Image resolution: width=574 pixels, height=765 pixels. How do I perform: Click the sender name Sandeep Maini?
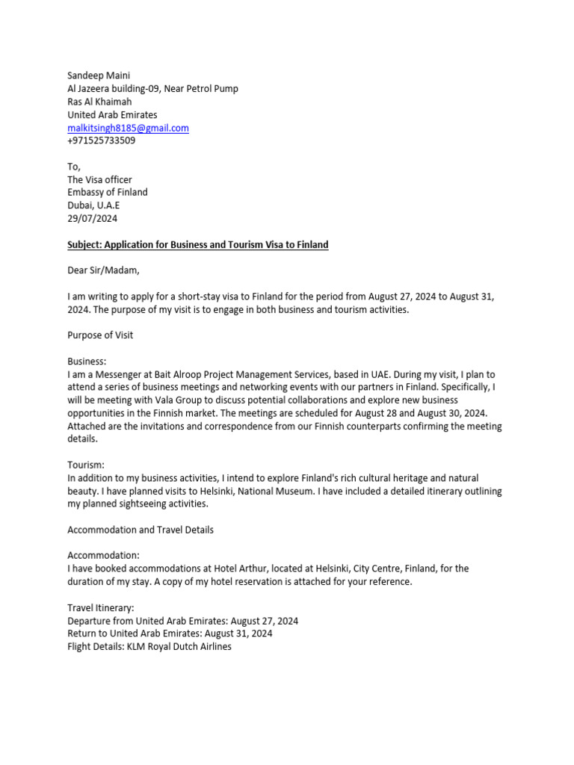(x=99, y=75)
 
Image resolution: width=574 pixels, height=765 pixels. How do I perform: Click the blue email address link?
(x=128, y=128)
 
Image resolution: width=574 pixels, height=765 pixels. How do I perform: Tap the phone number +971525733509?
(x=101, y=140)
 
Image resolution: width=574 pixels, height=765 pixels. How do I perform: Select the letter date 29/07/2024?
(x=92, y=219)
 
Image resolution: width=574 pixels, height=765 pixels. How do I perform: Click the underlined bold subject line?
(x=197, y=244)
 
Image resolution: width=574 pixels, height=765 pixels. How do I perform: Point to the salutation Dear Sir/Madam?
(x=103, y=270)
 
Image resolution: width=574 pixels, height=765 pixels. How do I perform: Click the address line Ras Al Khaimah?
(x=99, y=102)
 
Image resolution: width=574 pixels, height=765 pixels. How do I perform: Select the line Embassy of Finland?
(x=108, y=192)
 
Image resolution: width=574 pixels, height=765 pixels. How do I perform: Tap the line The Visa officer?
(x=99, y=179)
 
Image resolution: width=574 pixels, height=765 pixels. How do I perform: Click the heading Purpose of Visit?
(x=100, y=335)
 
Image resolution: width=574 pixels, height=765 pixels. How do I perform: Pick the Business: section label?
(x=87, y=361)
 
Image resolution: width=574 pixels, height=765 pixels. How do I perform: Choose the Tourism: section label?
(x=86, y=465)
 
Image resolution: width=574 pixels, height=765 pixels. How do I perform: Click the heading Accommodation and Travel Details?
(x=141, y=530)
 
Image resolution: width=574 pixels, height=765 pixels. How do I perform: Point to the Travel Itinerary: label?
(x=101, y=608)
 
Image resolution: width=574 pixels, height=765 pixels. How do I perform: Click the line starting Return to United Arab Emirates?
(x=170, y=634)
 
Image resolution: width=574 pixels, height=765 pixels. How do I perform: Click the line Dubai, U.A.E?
(x=93, y=205)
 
